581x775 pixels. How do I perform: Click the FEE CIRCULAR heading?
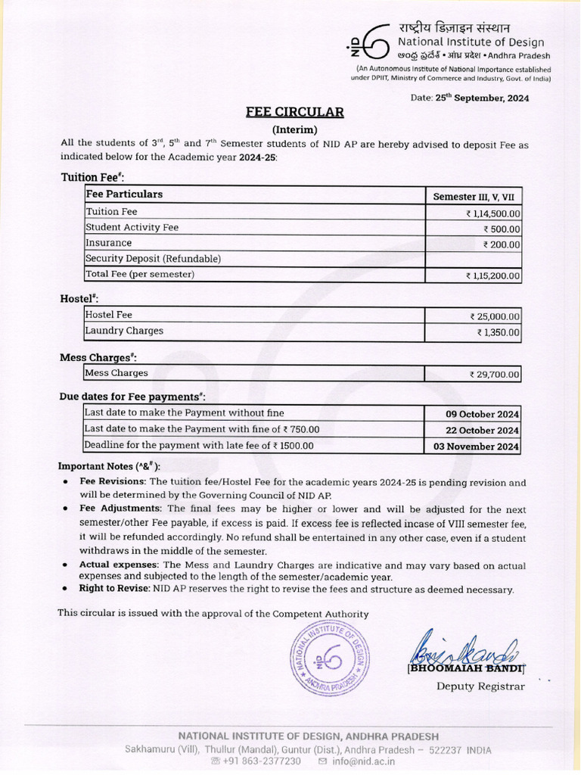pos(294,113)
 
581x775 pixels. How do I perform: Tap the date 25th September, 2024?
pos(480,98)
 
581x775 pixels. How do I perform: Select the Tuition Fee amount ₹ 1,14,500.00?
pos(492,214)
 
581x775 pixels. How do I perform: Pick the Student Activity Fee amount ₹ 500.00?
pos(502,229)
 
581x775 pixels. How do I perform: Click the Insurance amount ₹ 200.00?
pos(502,244)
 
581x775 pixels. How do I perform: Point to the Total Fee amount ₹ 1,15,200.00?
pos(492,276)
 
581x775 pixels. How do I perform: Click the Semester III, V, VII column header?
pos(473,196)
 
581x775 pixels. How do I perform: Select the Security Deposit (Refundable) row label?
pos(153,259)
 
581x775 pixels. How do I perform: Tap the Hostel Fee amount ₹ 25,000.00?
pos(495,316)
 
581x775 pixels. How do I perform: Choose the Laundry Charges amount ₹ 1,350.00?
pos(498,332)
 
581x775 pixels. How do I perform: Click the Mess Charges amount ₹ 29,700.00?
pos(495,374)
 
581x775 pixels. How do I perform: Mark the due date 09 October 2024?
pos(482,414)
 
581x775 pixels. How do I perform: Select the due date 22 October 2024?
pos(482,431)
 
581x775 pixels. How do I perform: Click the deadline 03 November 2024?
pos(476,447)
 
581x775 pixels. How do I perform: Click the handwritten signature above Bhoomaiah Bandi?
pos(463,648)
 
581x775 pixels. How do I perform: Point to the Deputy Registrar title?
pos(480,686)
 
